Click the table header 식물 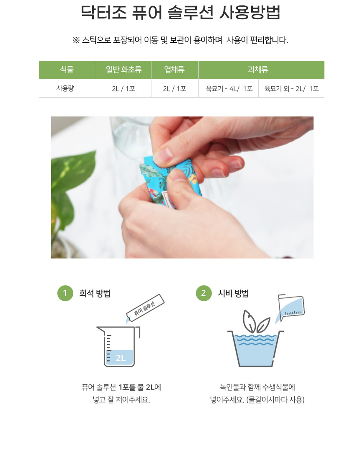click(x=67, y=70)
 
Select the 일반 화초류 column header click(x=124, y=70)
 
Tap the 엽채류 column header click(x=175, y=70)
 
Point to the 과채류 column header click(x=258, y=70)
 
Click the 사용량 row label click(x=65, y=88)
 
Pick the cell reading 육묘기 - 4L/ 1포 click(x=229, y=88)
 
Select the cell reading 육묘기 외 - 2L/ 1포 click(x=292, y=88)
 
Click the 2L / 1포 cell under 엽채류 click(x=175, y=88)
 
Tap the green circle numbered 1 click(x=65, y=293)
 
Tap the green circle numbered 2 click(x=204, y=293)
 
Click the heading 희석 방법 click(x=95, y=293)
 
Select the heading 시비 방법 click(x=233, y=293)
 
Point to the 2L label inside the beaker click(x=121, y=358)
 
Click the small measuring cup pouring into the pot click(x=291, y=308)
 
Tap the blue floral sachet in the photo click(x=170, y=182)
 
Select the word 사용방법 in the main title click(x=250, y=12)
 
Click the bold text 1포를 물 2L click(x=136, y=387)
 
